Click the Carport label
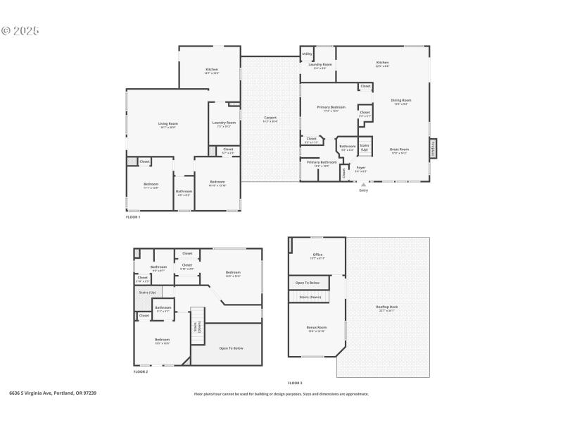pos(270,118)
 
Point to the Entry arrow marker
pos(363,185)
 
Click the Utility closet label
pos(308,53)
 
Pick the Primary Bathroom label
pos(322,163)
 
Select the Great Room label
pos(399,150)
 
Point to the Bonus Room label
pos(317,329)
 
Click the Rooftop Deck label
pos(387,307)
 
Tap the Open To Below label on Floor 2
pos(231,348)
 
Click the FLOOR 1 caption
pos(133,217)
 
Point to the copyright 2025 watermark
pos(20,31)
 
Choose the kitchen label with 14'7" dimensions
pos(212,70)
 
